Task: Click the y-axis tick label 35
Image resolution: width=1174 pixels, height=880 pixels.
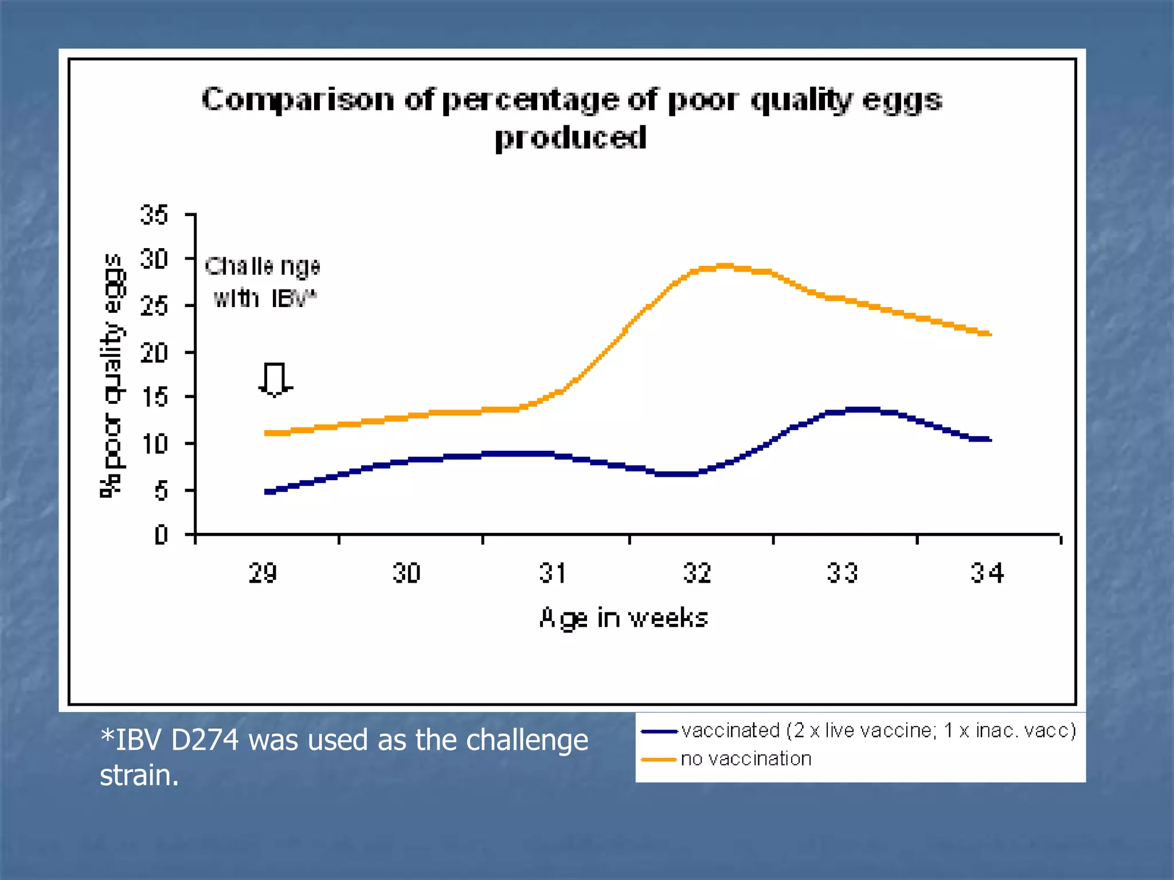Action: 154,215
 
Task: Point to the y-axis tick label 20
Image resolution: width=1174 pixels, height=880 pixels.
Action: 154,353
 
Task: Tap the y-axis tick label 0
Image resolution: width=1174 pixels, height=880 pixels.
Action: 161,535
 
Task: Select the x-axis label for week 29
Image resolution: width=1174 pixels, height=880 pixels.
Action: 263,573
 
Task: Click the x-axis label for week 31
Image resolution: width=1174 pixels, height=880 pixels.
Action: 553,573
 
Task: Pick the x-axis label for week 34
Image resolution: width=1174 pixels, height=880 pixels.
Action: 987,573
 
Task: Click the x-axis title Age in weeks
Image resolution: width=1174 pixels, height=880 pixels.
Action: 624,618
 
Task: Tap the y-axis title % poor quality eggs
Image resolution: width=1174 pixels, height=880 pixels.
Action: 111,375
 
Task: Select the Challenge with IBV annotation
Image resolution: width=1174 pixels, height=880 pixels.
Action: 263,282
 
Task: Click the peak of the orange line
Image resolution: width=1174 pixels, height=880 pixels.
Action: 725,266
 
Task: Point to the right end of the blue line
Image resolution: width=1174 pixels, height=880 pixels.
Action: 989,439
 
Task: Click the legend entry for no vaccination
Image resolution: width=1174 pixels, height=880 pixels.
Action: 746,759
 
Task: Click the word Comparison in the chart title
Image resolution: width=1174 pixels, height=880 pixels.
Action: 298,100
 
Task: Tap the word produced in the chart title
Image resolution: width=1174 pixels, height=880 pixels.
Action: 570,137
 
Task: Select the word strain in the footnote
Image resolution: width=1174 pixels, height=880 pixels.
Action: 139,775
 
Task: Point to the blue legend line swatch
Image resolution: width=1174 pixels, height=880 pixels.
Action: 659,732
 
